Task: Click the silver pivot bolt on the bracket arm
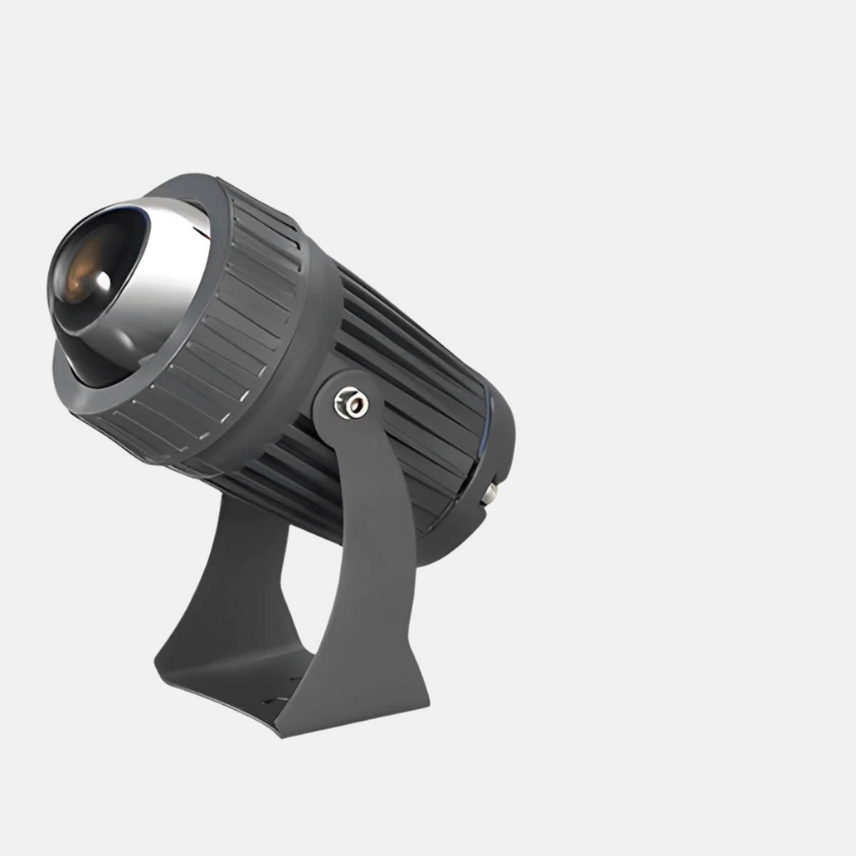click(x=350, y=404)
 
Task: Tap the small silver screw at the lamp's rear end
click(x=491, y=491)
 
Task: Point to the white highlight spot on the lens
click(x=104, y=281)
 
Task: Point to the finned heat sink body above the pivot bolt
click(x=399, y=335)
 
